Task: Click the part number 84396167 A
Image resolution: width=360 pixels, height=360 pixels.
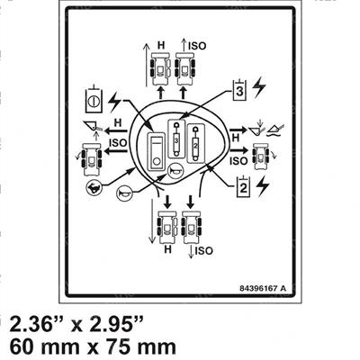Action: point(263,289)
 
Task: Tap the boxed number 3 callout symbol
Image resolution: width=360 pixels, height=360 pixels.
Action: point(239,90)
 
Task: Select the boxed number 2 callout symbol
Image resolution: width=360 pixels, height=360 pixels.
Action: point(243,186)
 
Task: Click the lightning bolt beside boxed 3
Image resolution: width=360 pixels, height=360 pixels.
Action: point(259,87)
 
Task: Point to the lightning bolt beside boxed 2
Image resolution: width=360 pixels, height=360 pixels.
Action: point(263,185)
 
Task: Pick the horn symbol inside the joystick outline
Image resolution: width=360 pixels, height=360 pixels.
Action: point(174,171)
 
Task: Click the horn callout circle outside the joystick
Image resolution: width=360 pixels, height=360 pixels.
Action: point(123,193)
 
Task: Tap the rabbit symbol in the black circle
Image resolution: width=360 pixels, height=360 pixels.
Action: point(93,188)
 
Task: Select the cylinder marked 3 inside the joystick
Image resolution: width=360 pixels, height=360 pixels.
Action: point(176,139)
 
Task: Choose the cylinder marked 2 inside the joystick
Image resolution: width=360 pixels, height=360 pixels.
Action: point(196,143)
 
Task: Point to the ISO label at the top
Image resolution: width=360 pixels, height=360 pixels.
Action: point(197,46)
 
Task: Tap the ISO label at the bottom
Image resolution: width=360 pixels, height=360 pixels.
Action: point(203,251)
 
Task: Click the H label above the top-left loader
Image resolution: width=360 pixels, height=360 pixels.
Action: point(161,46)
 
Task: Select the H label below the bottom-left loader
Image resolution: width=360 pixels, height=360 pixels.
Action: point(168,249)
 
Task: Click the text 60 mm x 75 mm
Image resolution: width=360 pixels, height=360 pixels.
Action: point(93,347)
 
